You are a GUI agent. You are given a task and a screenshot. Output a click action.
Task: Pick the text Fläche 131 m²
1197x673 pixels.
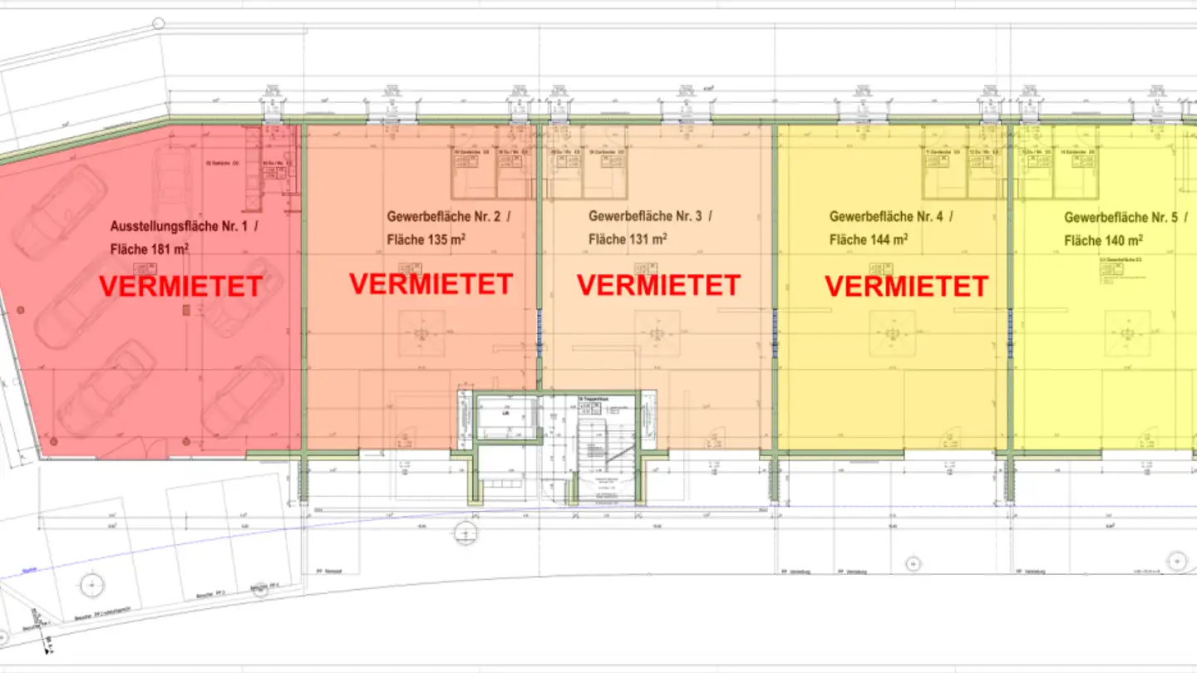coord(628,240)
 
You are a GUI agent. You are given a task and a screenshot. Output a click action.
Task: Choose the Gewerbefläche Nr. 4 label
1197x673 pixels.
coord(886,217)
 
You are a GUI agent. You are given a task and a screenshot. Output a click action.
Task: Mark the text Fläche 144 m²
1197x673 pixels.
coord(869,240)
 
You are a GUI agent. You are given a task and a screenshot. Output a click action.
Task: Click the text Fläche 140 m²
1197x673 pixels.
coord(1103,241)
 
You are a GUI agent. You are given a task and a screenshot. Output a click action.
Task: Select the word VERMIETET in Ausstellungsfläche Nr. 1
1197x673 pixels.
coord(180,287)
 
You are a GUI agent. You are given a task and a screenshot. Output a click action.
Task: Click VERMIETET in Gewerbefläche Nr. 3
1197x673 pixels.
coord(658,285)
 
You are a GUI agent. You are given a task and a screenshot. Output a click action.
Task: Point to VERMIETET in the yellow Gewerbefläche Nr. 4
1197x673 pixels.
coord(906,287)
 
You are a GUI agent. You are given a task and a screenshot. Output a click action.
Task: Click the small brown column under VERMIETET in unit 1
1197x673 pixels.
coord(186,309)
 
